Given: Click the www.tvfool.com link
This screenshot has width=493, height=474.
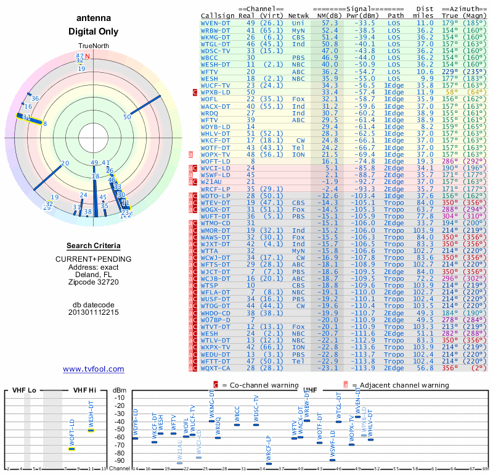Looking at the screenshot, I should click(x=94, y=369).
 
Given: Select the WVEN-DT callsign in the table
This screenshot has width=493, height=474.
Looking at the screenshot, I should click(x=216, y=22).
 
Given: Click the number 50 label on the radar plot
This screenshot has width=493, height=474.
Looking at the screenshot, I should click(x=128, y=117).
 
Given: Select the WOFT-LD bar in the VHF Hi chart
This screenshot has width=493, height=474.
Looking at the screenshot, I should click(x=72, y=449).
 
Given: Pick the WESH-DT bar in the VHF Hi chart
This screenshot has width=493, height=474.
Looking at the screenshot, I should click(x=91, y=430).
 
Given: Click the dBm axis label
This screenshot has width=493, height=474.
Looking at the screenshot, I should click(x=119, y=390).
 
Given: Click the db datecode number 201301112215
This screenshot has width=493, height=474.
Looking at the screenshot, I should click(x=94, y=312).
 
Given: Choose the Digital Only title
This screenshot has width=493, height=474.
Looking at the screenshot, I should click(x=94, y=31).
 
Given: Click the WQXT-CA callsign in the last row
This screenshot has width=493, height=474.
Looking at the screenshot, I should click(x=216, y=368).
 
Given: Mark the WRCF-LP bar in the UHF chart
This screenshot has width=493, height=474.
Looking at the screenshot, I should click(x=269, y=464).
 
